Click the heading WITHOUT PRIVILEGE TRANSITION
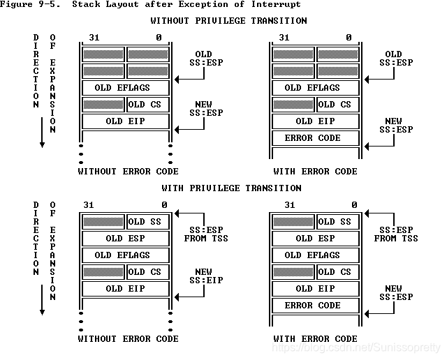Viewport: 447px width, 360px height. (228, 21)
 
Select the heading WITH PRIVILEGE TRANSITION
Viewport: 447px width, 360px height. (231, 188)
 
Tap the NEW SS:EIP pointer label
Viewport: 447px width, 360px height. (203, 276)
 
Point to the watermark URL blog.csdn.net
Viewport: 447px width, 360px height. (356, 347)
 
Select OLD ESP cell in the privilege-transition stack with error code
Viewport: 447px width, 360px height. (316, 239)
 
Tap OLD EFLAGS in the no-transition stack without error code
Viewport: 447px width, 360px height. (126, 88)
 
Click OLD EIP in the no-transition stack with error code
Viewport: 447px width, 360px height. (316, 121)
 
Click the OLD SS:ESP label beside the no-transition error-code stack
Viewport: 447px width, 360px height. (393, 59)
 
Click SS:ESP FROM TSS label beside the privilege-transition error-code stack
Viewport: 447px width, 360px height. (396, 234)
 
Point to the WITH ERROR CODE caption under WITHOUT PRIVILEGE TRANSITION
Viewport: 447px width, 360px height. (316, 172)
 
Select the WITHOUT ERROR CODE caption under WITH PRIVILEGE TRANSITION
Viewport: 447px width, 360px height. (128, 339)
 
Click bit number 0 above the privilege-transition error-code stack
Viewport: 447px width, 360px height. (354, 205)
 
